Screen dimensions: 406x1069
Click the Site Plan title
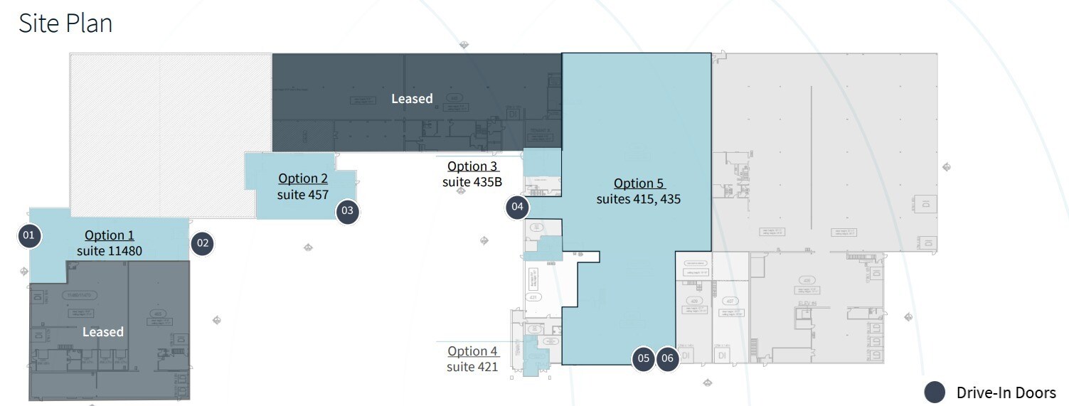[x=65, y=23]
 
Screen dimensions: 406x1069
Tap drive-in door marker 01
[x=29, y=235]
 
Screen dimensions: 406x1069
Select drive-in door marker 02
[x=203, y=243]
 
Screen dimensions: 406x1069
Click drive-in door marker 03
[x=347, y=210]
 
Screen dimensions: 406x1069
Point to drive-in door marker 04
[x=518, y=208]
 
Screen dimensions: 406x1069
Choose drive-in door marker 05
[x=644, y=358]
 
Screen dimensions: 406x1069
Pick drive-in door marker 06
[x=667, y=358]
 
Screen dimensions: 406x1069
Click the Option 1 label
[x=110, y=235]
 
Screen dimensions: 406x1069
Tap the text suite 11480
[x=110, y=251]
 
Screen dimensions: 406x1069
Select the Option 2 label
[x=303, y=178]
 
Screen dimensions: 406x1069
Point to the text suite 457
[x=303, y=194]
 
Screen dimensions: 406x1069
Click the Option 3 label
[x=472, y=166]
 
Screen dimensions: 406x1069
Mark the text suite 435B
[x=472, y=182]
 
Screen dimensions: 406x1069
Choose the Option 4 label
[x=472, y=351]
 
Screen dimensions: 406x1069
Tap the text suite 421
[x=472, y=367]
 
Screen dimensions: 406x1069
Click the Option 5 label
[x=639, y=183]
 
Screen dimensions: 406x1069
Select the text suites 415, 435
[x=639, y=199]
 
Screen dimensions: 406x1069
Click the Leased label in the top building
[x=412, y=99]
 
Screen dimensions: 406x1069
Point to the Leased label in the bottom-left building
[x=103, y=332]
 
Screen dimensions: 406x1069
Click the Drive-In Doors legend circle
[x=935, y=392]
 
